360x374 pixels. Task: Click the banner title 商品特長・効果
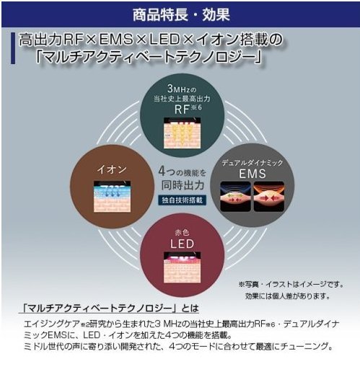point(181,14)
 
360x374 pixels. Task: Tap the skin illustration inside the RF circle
point(182,133)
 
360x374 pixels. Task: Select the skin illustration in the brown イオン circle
point(112,197)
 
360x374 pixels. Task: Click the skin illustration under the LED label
point(182,267)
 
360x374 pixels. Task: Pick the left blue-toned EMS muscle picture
point(235,197)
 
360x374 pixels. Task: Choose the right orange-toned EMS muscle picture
point(269,197)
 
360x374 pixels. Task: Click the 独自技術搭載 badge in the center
point(182,200)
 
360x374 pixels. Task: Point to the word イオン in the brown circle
point(112,169)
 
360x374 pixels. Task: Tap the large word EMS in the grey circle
point(253,174)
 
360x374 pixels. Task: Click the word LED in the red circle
point(182,244)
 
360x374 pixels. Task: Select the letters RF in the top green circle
point(182,110)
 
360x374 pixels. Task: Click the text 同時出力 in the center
point(183,185)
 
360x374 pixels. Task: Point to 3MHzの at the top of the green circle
point(182,89)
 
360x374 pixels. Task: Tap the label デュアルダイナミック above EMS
point(253,163)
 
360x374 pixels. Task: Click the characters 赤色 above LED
point(182,232)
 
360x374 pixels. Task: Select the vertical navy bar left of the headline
point(13,48)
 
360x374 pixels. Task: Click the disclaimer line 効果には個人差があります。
point(288,296)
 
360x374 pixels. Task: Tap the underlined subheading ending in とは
point(109,308)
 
